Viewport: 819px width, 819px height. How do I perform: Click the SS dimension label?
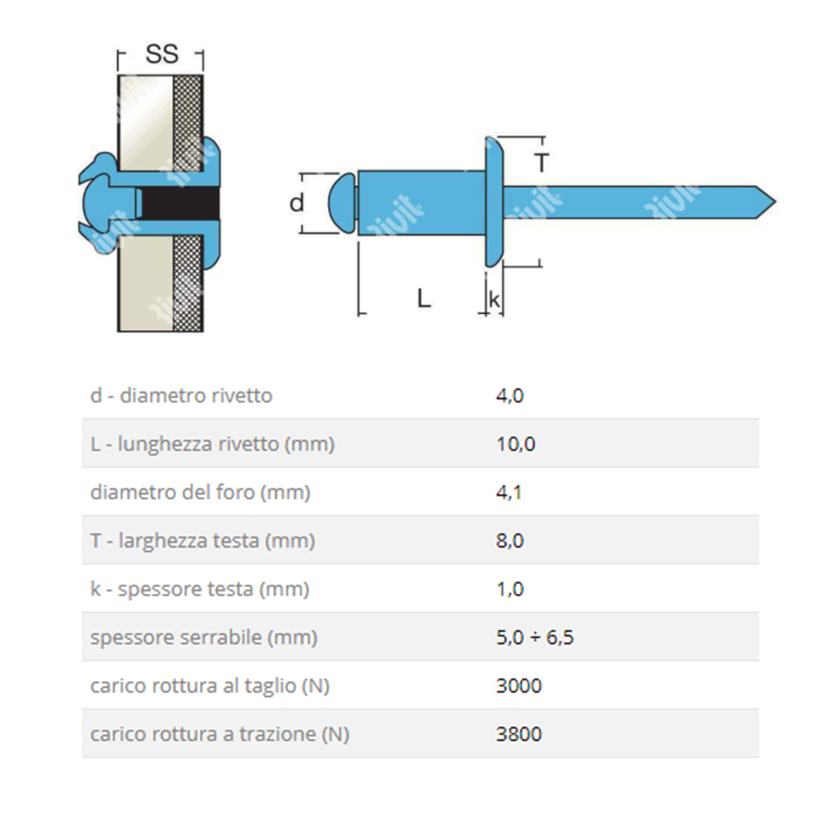click(x=161, y=55)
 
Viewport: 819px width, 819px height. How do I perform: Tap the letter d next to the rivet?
click(x=296, y=202)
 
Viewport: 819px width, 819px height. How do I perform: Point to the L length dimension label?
click(x=423, y=298)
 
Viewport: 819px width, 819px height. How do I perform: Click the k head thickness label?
click(x=494, y=300)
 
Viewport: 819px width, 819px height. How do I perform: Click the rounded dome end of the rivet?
click(x=342, y=202)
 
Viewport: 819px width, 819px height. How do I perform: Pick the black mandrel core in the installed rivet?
click(x=180, y=203)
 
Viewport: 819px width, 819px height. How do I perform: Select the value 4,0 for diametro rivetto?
click(x=509, y=396)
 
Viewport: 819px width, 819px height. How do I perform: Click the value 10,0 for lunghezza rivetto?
click(x=515, y=445)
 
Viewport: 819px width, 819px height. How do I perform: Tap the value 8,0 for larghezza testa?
click(x=509, y=541)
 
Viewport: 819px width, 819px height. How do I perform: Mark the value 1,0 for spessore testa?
click(x=509, y=590)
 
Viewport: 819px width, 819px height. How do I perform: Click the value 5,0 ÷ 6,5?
click(x=534, y=638)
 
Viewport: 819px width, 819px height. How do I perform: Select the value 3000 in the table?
click(x=518, y=686)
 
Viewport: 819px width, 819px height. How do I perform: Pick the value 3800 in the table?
click(x=518, y=735)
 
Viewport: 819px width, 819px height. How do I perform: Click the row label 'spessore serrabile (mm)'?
click(x=203, y=638)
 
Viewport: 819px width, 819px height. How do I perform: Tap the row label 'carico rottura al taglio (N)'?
click(x=210, y=686)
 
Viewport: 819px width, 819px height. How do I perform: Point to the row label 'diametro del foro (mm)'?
click(x=201, y=493)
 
